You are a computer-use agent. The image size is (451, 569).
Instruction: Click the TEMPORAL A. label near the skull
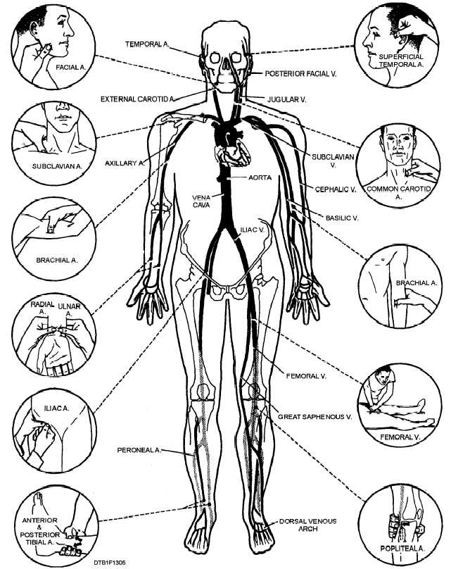tap(147, 44)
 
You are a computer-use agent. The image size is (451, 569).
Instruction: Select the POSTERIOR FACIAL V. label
tap(301, 74)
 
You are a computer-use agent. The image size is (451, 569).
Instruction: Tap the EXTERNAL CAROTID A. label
tap(138, 99)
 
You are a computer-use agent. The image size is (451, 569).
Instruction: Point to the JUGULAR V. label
tap(287, 99)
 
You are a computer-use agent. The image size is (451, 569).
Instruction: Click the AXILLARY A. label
tap(125, 163)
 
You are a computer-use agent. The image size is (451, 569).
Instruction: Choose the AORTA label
tap(260, 177)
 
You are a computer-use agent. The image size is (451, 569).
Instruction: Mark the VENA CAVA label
tap(201, 201)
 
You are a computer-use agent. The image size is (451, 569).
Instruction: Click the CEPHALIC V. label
tap(336, 189)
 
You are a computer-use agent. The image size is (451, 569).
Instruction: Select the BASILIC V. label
tap(342, 218)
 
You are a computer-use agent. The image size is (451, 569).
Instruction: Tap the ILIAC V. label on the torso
tap(253, 230)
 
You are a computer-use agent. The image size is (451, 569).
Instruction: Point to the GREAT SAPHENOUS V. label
tap(315, 417)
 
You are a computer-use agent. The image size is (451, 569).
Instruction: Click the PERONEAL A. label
tap(139, 450)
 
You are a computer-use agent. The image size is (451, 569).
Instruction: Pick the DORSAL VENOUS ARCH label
tap(307, 525)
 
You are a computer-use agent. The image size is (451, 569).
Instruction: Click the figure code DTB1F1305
tap(110, 563)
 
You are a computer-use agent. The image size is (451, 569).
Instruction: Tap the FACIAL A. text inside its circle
tap(72, 68)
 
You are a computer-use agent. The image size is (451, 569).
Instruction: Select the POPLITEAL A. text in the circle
tap(402, 549)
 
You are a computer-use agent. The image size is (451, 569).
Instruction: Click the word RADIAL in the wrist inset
tap(42, 304)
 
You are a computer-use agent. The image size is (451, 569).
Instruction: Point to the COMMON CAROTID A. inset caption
tap(399, 193)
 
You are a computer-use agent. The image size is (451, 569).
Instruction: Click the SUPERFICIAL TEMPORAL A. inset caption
tap(401, 61)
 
